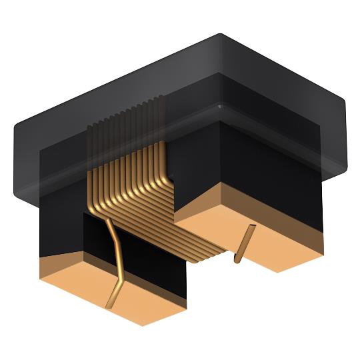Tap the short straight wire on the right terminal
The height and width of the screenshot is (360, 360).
(244, 243)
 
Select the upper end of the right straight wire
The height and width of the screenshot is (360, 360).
(252, 227)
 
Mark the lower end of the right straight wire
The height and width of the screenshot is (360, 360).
(237, 260)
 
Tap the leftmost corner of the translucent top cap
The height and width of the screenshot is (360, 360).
(15, 127)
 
